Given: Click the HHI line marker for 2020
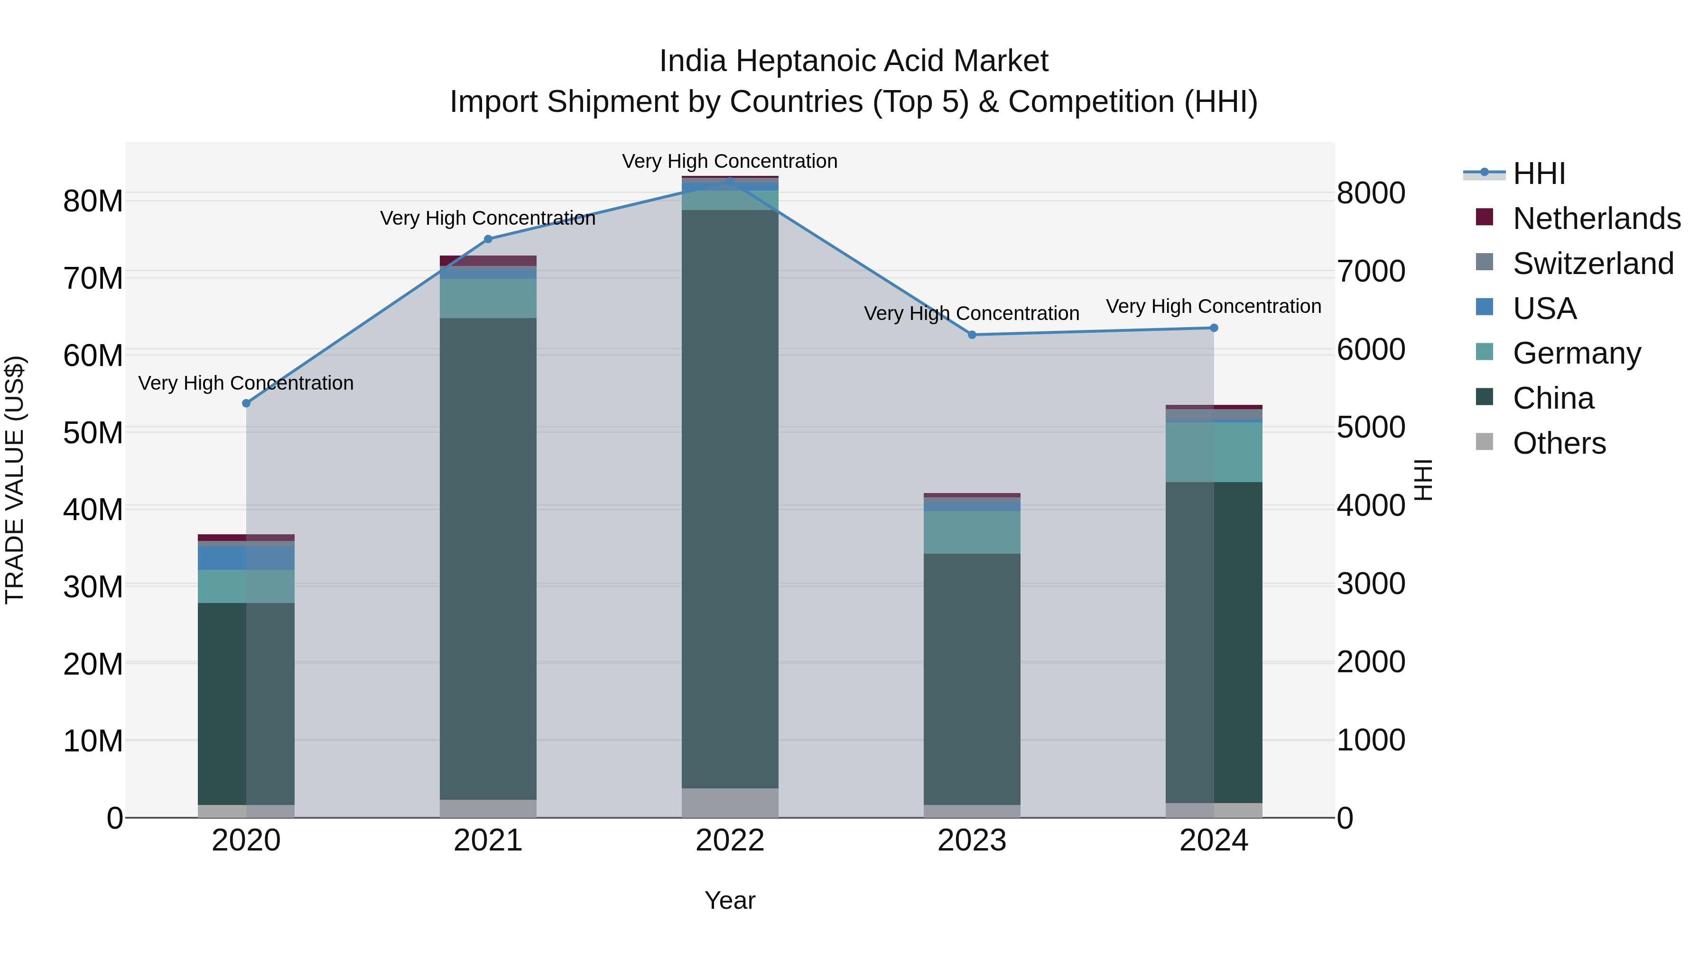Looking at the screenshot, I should click(x=246, y=403).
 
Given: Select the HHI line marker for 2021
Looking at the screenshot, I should click(x=488, y=239).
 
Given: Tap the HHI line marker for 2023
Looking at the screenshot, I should click(x=972, y=335).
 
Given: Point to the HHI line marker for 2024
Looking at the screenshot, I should click(x=1214, y=328).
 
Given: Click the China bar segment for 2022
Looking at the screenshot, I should click(x=730, y=497).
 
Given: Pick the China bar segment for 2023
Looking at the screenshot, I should click(x=972, y=679).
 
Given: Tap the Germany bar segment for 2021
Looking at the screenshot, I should click(x=488, y=298).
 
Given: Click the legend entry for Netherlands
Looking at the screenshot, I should click(x=1596, y=219).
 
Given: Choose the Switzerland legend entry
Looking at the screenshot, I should click(x=1593, y=264).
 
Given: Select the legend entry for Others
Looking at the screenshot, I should click(x=1559, y=443).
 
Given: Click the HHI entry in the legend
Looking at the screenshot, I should click(x=1538, y=174).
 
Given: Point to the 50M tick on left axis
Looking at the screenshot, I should click(x=93, y=433).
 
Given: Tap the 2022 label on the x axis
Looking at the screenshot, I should click(x=730, y=841).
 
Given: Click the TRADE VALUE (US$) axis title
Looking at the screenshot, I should click(x=15, y=480).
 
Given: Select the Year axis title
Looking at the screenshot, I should click(x=730, y=900).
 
